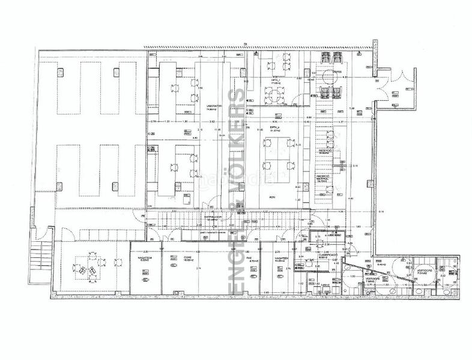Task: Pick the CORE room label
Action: [x=188, y=257]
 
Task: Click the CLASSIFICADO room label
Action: [x=328, y=255]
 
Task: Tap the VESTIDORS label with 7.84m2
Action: [x=371, y=280]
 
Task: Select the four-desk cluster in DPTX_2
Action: [x=277, y=152]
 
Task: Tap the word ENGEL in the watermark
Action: [x=238, y=270]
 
